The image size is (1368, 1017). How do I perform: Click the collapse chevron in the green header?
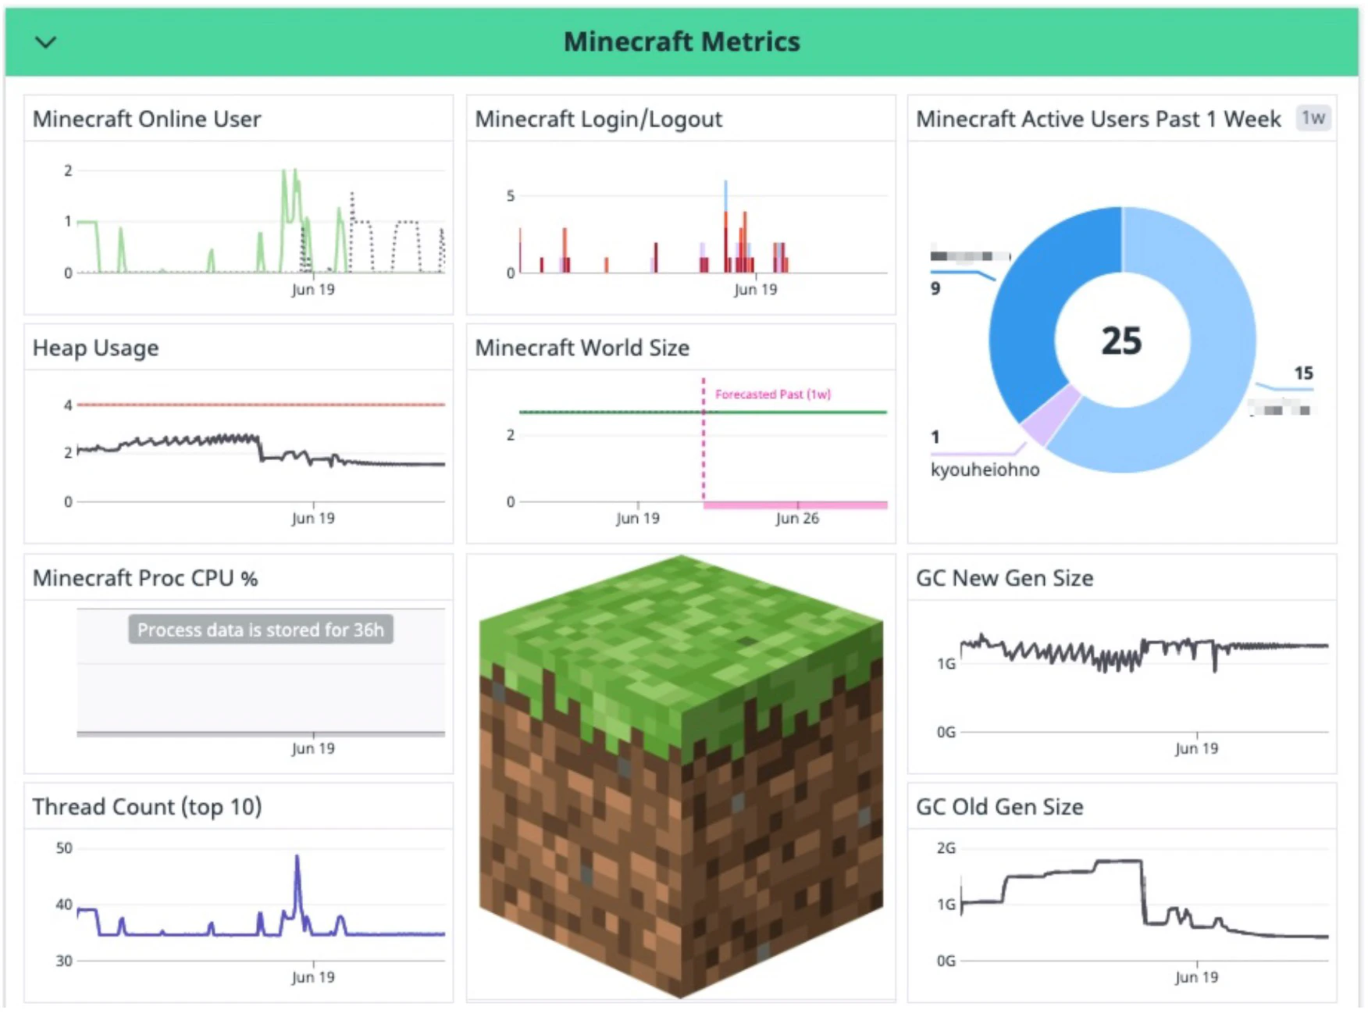(x=46, y=42)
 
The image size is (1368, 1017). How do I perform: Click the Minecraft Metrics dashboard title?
(x=682, y=41)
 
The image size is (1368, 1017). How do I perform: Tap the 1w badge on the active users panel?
(x=1313, y=118)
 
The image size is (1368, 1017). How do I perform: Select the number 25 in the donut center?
(x=1121, y=341)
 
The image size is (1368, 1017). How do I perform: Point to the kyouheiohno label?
(x=985, y=469)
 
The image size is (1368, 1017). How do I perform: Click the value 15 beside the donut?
(x=1303, y=373)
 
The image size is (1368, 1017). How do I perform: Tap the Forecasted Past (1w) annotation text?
(x=772, y=394)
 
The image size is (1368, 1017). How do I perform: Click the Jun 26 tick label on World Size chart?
(x=797, y=518)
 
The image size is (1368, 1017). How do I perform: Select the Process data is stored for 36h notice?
(x=261, y=630)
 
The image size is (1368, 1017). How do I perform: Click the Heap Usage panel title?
(x=95, y=348)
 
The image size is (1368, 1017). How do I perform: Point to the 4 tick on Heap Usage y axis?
(x=68, y=405)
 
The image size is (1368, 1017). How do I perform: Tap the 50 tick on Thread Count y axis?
(x=64, y=847)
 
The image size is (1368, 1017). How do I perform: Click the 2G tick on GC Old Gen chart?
(x=946, y=847)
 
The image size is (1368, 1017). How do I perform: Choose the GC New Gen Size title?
(x=1004, y=578)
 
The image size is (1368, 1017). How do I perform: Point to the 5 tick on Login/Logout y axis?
(x=511, y=195)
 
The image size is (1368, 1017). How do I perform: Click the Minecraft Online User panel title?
(x=147, y=119)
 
